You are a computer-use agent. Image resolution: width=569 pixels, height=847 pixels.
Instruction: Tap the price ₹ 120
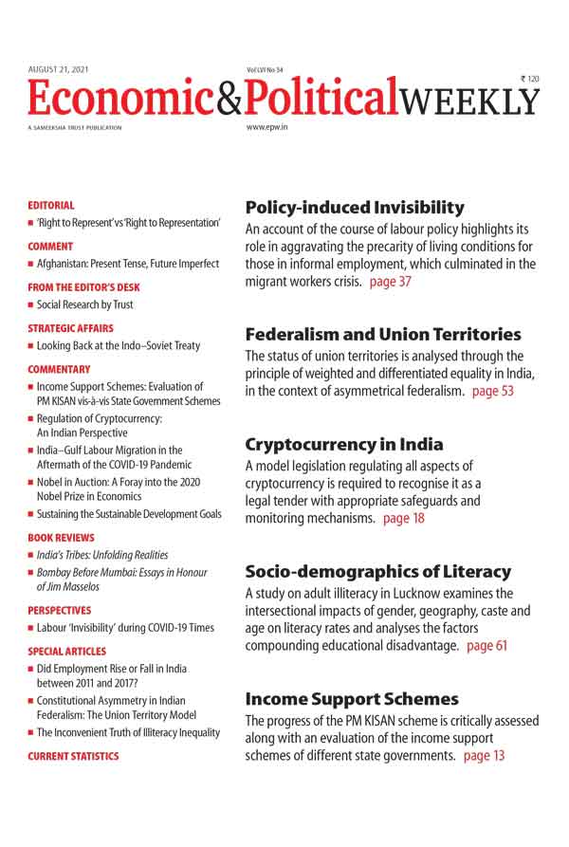(529, 79)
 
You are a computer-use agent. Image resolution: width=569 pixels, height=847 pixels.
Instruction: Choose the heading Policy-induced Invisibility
(355, 207)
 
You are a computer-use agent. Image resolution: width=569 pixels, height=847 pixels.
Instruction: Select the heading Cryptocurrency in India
(343, 444)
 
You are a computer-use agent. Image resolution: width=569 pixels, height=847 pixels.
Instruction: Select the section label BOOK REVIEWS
(60, 537)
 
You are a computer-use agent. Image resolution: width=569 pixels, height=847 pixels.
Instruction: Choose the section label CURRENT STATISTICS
(73, 756)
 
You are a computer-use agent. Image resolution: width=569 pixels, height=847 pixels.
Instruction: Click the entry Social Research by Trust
(85, 304)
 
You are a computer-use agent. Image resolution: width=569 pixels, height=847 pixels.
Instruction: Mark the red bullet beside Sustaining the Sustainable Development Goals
(30, 514)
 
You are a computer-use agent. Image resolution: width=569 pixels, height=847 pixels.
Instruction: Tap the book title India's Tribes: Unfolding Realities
(102, 555)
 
